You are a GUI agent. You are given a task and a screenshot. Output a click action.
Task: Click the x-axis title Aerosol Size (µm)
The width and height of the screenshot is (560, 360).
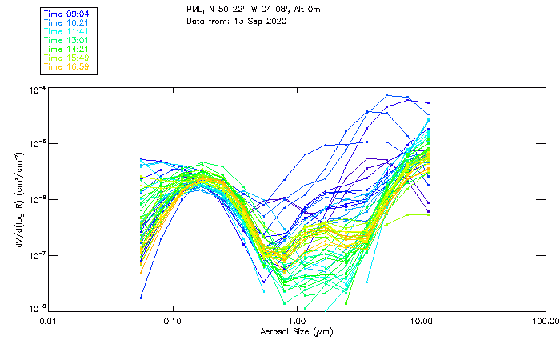point(296,331)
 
